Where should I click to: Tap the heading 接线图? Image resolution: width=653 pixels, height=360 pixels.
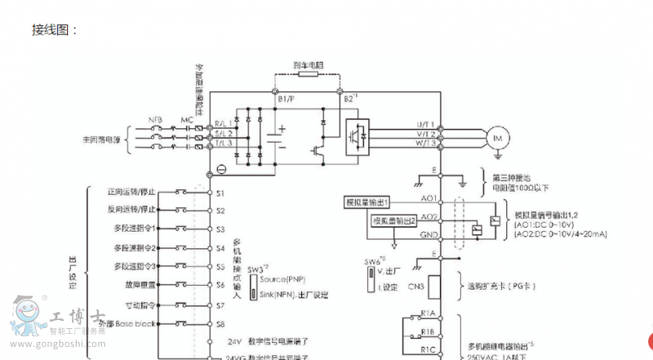(55, 30)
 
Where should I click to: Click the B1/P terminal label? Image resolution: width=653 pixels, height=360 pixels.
(286, 98)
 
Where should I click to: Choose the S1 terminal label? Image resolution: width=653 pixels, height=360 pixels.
(220, 193)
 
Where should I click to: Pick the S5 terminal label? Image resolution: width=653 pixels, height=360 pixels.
(220, 267)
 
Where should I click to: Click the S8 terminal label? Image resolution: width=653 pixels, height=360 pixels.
(220, 324)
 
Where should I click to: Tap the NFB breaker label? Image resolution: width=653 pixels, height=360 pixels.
(155, 120)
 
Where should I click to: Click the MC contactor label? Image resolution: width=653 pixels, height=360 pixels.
(186, 120)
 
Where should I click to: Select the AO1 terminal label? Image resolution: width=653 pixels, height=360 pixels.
(428, 198)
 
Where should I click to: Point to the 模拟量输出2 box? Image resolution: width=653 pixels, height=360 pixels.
(394, 220)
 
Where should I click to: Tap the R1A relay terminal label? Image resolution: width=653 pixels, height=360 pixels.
(428, 313)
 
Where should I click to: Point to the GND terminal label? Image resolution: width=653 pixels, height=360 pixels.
(427, 234)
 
